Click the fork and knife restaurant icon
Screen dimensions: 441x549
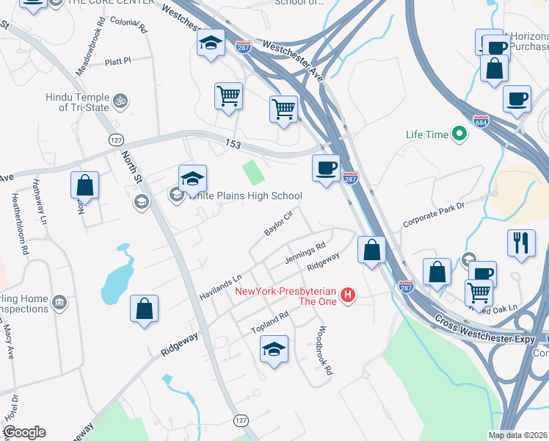[521, 243]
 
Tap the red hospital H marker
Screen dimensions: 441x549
[349, 295]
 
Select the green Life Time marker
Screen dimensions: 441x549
[459, 135]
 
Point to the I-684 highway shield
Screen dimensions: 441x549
[481, 121]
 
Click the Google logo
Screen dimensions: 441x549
[23, 432]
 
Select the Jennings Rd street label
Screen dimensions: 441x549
[305, 254]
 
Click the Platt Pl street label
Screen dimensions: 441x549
[117, 62]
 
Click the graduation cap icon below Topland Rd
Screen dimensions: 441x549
[274, 348]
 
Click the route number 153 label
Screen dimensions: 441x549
[233, 145]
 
